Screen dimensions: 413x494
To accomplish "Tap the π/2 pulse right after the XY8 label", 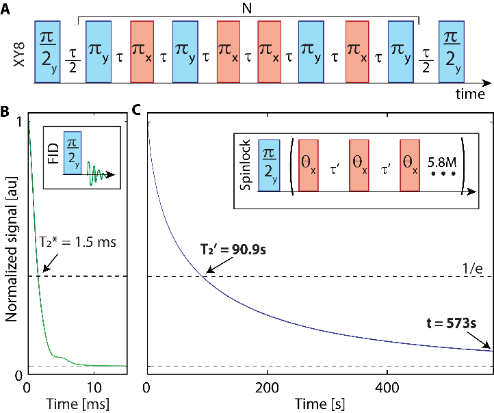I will point(47,51).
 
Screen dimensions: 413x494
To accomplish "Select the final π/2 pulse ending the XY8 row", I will point(451,51).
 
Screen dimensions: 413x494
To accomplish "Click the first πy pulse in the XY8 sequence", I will point(99,51).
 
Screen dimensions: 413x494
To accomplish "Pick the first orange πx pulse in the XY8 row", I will point(142,51).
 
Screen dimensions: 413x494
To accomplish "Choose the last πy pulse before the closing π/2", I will point(400,51).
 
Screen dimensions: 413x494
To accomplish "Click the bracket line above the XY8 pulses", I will point(248,16).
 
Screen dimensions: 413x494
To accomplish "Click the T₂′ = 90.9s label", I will point(233,250).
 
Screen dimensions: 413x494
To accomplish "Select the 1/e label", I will point(473,269).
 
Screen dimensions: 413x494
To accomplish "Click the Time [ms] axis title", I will point(77,404).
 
